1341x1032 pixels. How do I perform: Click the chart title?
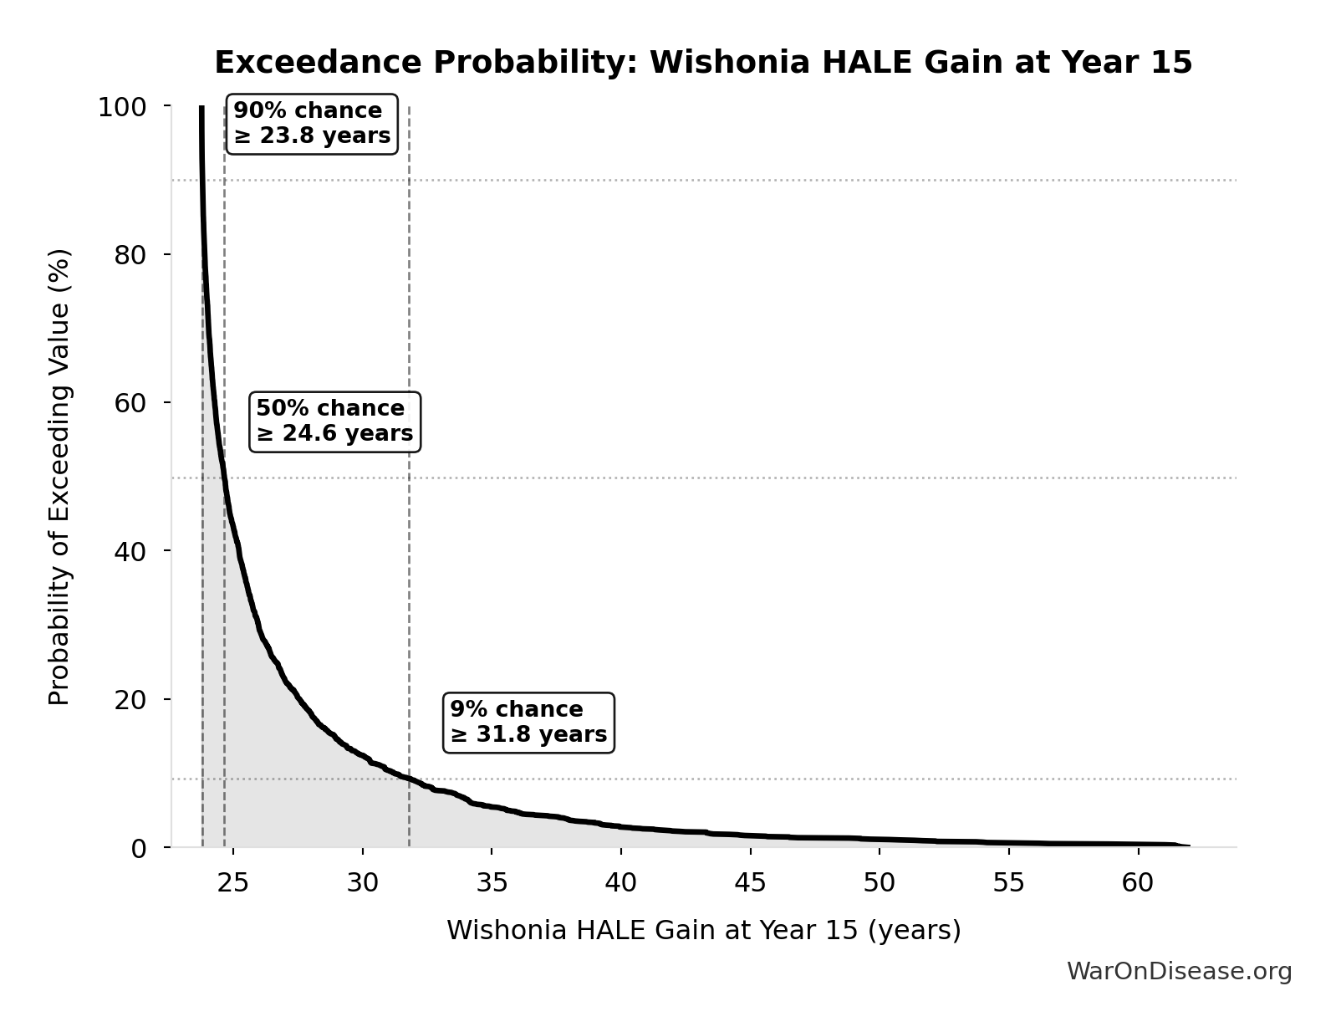coord(703,63)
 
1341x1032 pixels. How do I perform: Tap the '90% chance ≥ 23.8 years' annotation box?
coord(312,124)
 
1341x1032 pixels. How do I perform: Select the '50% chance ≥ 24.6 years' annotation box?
coord(334,421)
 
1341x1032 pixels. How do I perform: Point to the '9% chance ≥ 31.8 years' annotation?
coord(528,723)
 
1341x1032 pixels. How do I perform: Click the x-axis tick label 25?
coord(233,883)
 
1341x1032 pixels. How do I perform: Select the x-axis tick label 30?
coord(363,883)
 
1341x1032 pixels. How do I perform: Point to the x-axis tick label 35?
coord(492,883)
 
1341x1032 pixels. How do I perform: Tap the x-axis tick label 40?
coord(621,883)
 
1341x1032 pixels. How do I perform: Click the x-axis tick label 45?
coord(751,883)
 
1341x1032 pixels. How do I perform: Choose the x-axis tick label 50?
coord(880,883)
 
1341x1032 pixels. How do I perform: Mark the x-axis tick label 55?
coord(1009,883)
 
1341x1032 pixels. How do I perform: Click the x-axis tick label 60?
coord(1138,883)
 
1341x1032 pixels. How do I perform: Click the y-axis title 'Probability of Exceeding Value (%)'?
coord(59,477)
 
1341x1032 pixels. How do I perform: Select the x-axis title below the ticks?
coord(703,930)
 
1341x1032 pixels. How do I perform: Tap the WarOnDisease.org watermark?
coord(1179,971)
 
